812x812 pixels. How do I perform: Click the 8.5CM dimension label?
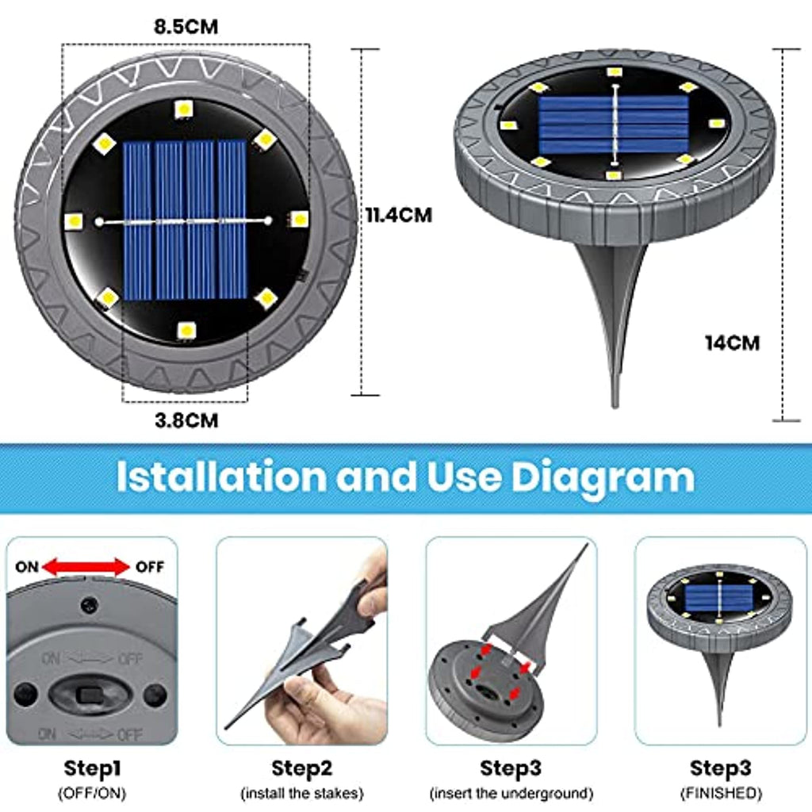click(186, 26)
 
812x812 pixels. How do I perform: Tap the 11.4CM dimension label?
click(398, 215)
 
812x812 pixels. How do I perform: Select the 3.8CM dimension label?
click(186, 420)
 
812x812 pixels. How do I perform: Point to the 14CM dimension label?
click(732, 343)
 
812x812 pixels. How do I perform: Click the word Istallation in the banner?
click(222, 477)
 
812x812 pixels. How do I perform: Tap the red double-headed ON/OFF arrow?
click(86, 567)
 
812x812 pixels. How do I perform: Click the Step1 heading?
click(92, 768)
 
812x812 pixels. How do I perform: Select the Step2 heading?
click(302, 768)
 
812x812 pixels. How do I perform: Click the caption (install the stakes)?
click(302, 793)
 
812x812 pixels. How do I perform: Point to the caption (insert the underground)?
click(511, 793)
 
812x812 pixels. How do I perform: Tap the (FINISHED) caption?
click(721, 793)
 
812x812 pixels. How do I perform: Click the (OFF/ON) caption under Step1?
click(92, 793)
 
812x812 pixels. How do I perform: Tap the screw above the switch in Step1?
click(90, 604)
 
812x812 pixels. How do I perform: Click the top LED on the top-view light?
click(184, 109)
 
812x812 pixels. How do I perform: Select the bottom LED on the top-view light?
click(186, 330)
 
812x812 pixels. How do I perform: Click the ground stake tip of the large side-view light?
click(615, 406)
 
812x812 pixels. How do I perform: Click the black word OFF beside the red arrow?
click(150, 567)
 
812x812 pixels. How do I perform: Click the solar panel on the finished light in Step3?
click(718, 597)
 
